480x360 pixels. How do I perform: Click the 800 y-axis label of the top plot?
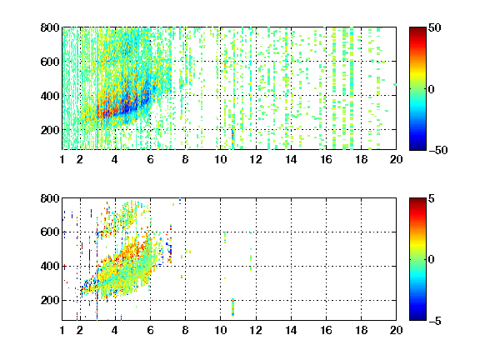(x=50, y=27)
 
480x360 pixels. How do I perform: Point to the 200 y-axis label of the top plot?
(x=50, y=130)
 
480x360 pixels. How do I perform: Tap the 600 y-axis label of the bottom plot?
(x=50, y=232)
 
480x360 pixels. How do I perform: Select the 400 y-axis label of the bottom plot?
(x=50, y=266)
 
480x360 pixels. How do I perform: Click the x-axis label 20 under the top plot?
(x=396, y=159)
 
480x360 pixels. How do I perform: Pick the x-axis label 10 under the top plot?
(x=220, y=159)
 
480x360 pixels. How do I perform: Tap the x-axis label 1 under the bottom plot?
(x=62, y=330)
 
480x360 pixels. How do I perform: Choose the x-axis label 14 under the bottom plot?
(x=291, y=330)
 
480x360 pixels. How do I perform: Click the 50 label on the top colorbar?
(x=434, y=27)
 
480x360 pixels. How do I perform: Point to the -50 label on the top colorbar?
(x=437, y=150)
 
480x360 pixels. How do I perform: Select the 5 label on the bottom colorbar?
(x=432, y=198)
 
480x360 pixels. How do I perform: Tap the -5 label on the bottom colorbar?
(x=435, y=321)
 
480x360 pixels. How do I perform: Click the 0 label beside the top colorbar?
(x=432, y=89)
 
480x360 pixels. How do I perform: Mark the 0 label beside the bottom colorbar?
(x=432, y=260)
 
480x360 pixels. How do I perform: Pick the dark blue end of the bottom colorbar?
(x=417, y=317)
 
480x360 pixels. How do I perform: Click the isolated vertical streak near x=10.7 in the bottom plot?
(x=233, y=307)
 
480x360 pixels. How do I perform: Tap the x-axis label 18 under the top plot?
(x=361, y=159)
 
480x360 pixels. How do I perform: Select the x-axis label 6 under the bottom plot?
(x=150, y=330)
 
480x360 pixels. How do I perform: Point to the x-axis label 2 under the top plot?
(x=80, y=159)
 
